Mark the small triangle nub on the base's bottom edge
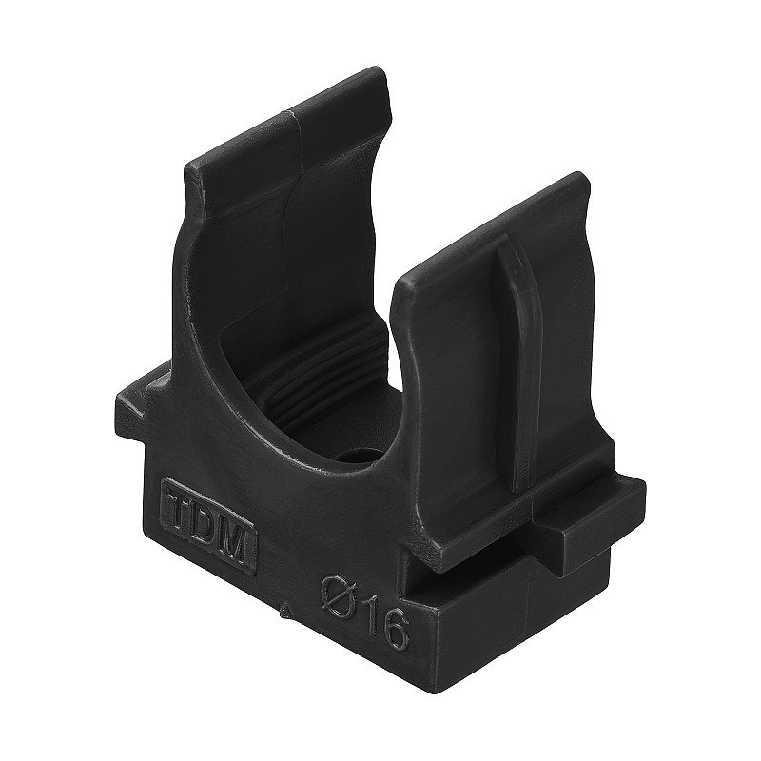click(x=286, y=609)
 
